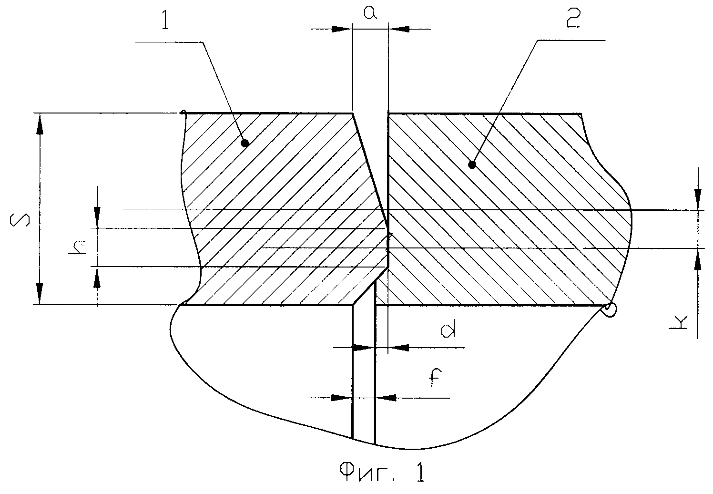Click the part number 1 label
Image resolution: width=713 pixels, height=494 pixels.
coord(165,20)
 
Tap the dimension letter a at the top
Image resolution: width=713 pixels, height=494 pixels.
coord(370,12)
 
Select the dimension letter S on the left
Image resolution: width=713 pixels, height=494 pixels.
coord(20,220)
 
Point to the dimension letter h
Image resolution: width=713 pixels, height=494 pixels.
coord(78,247)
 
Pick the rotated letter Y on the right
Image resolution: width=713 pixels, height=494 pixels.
coord(678,322)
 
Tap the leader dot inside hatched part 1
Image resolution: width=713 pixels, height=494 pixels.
coord(244,144)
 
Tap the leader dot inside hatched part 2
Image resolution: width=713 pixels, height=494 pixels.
coord(472,165)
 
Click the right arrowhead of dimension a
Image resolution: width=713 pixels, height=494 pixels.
coord(399,29)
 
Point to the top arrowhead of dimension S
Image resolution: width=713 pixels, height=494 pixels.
coord(40,125)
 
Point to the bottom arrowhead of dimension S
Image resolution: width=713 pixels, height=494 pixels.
coord(40,293)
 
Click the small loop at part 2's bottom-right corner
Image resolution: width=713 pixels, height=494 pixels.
coord(609,309)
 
